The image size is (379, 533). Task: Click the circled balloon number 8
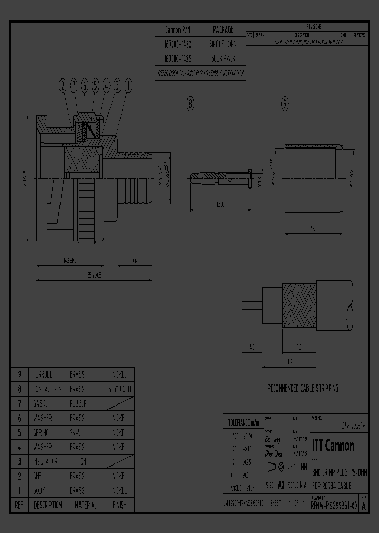pos(190,104)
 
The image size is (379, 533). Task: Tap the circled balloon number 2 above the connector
pos(62,85)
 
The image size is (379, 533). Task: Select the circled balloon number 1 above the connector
pos(128,85)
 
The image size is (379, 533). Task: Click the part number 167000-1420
pos(178,45)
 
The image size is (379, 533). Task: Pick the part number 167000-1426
pos(178,60)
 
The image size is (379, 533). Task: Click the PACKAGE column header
pos(223,30)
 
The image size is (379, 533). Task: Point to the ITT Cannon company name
pos(333,446)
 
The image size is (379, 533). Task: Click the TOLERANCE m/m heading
pos(243,422)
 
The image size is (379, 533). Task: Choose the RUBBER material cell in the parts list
pos(78,404)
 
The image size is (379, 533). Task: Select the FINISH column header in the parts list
pos(119,505)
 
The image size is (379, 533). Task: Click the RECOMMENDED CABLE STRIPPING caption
pos(303,389)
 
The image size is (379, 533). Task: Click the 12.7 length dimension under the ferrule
pos(314,229)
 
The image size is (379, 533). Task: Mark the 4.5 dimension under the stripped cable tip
pos(252,347)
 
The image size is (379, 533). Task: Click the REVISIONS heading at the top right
pos(314,26)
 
